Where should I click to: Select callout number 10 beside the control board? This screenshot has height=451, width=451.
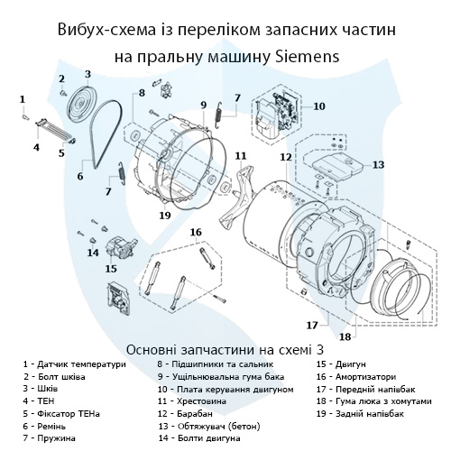tap(319, 106)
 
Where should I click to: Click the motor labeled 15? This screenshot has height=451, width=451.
tap(119, 247)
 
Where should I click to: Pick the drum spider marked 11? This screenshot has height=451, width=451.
tap(237, 196)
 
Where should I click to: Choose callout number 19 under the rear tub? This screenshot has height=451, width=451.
tap(165, 216)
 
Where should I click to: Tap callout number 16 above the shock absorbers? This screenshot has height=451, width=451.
tap(196, 232)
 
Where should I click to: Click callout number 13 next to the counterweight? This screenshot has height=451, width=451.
tap(378, 164)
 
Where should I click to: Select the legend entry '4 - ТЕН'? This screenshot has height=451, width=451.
tap(39, 401)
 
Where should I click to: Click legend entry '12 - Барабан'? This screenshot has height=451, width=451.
tap(185, 414)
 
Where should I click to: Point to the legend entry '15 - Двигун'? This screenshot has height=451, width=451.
tap(341, 364)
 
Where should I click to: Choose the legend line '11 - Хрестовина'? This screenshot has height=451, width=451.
tap(192, 401)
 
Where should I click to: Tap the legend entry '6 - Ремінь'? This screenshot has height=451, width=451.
tap(44, 426)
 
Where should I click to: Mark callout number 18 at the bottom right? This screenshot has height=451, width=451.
tap(345, 336)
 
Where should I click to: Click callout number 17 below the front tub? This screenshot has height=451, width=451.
tap(312, 325)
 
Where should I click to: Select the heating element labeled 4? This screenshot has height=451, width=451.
tap(54, 130)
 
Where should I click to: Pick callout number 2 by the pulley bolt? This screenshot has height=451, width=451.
tap(61, 79)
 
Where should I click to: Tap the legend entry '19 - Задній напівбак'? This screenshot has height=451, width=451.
tap(360, 414)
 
